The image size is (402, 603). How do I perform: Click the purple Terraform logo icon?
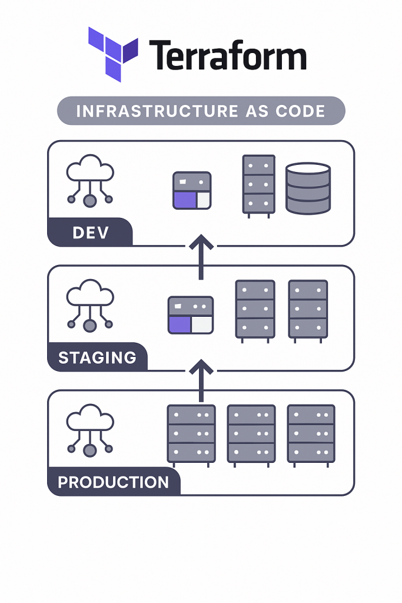113,54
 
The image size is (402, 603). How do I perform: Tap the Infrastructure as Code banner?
201,111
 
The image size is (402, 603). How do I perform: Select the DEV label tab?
90,232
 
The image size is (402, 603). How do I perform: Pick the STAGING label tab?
97,357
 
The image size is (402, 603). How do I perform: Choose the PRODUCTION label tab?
113,482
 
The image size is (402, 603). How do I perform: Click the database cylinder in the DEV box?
308,188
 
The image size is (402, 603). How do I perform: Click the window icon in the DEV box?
192,190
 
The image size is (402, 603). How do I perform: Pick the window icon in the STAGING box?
190,314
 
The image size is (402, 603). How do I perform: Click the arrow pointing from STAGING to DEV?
201,256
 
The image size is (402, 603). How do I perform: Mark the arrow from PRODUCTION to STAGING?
201,381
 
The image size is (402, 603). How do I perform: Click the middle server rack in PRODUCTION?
251,435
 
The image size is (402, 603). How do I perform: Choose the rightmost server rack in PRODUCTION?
311,435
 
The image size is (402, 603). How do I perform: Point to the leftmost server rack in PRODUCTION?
191,435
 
